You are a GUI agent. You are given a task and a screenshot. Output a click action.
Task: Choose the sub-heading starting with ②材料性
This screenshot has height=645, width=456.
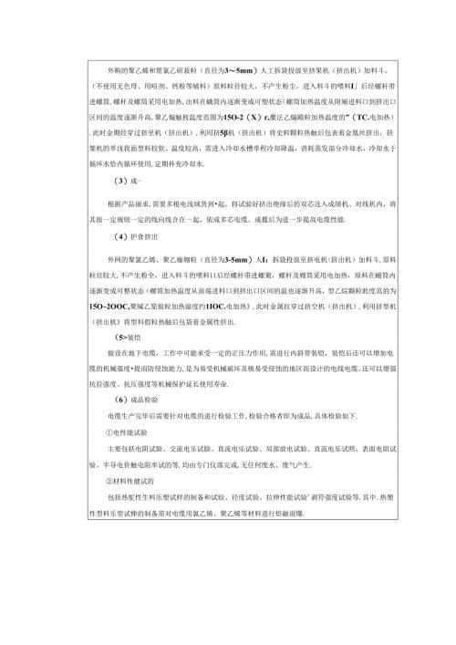(132, 480)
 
